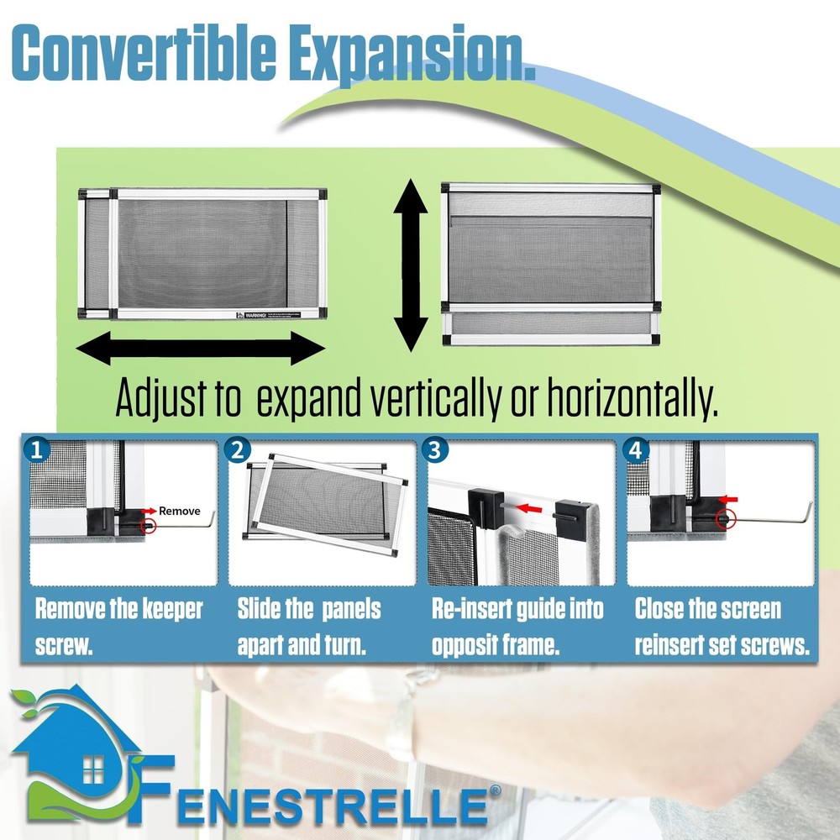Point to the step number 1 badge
click(x=35, y=450)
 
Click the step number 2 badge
click(x=239, y=450)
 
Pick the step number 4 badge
click(x=638, y=450)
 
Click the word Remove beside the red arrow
click(x=180, y=510)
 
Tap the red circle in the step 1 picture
click(x=150, y=527)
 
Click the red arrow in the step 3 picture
click(x=528, y=507)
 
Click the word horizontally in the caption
click(x=632, y=401)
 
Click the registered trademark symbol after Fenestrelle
click(x=496, y=791)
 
